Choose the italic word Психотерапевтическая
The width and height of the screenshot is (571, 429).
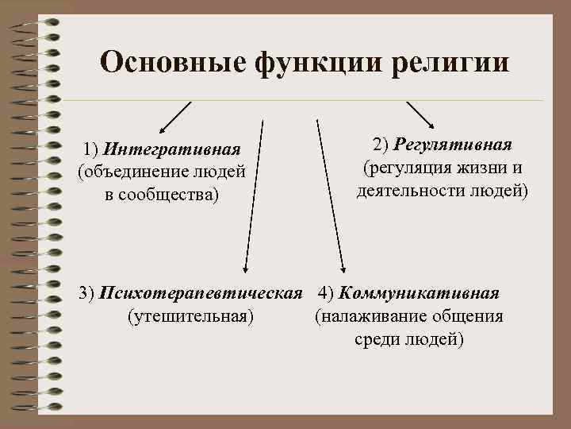click(x=202, y=293)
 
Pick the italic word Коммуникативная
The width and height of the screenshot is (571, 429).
click(x=420, y=293)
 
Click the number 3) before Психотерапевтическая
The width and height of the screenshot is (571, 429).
click(x=88, y=293)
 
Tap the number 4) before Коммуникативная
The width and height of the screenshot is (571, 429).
click(x=325, y=293)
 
